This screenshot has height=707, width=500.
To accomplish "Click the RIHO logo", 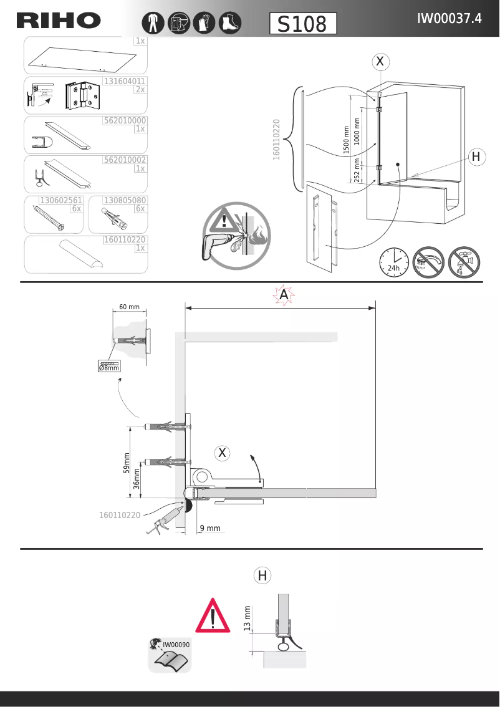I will (59, 21).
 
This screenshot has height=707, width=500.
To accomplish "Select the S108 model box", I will (303, 24).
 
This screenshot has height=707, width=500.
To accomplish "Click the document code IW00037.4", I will (449, 19).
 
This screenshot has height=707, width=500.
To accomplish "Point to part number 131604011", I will (125, 81).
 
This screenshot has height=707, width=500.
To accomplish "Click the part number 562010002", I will (125, 160).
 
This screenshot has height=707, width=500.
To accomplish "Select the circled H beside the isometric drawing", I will (476, 157).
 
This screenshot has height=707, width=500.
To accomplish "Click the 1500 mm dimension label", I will (347, 140).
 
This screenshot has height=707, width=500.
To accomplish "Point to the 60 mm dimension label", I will (129, 307).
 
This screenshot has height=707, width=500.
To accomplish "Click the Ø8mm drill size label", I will (109, 367).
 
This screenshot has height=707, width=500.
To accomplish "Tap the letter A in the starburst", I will (284, 295).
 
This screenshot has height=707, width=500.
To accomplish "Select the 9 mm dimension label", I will (210, 529).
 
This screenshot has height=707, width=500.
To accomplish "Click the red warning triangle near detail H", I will (213, 616).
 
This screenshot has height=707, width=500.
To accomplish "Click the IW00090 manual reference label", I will (176, 644).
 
